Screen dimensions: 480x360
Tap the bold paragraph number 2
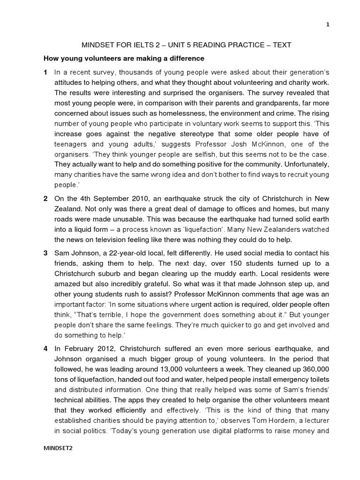point(45,198)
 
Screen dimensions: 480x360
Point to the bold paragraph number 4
point(45,349)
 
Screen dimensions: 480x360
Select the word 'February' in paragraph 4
point(79,349)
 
